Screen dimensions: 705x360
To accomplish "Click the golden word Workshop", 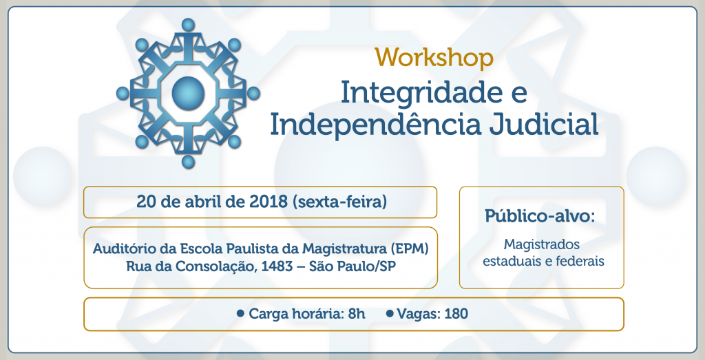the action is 434,58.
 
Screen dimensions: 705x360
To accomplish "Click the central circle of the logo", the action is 188,94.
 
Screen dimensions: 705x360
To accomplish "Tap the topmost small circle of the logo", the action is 188,25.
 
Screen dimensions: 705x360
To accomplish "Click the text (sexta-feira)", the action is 339,202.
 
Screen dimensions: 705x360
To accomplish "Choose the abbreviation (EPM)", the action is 409,248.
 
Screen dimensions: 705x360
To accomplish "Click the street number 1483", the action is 277,266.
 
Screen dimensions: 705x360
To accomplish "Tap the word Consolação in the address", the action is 216,266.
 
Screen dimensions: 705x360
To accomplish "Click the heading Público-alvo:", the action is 540,215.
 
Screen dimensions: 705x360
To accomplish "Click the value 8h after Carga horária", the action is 357,313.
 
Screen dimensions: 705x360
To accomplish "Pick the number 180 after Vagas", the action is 456,313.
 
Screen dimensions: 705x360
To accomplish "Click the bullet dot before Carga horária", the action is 240,313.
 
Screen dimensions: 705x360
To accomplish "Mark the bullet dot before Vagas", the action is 390,313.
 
